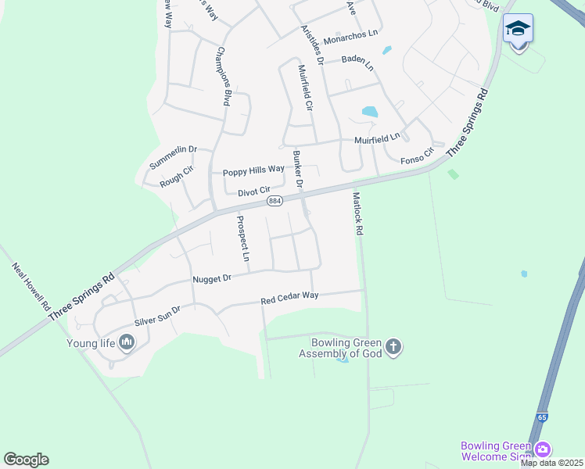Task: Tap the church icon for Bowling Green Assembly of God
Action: tap(393, 346)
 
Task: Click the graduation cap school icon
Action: tap(518, 28)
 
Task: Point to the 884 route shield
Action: tap(275, 201)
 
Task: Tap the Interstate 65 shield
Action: tap(542, 417)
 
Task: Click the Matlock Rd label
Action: tap(358, 214)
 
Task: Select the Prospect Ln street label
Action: tap(244, 238)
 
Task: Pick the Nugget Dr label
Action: tap(212, 278)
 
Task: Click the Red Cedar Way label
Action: tap(289, 298)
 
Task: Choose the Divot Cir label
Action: tap(242, 190)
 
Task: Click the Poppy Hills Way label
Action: tap(253, 170)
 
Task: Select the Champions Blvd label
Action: tap(223, 77)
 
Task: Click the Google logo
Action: tap(26, 460)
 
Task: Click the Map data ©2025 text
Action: tap(551, 464)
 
